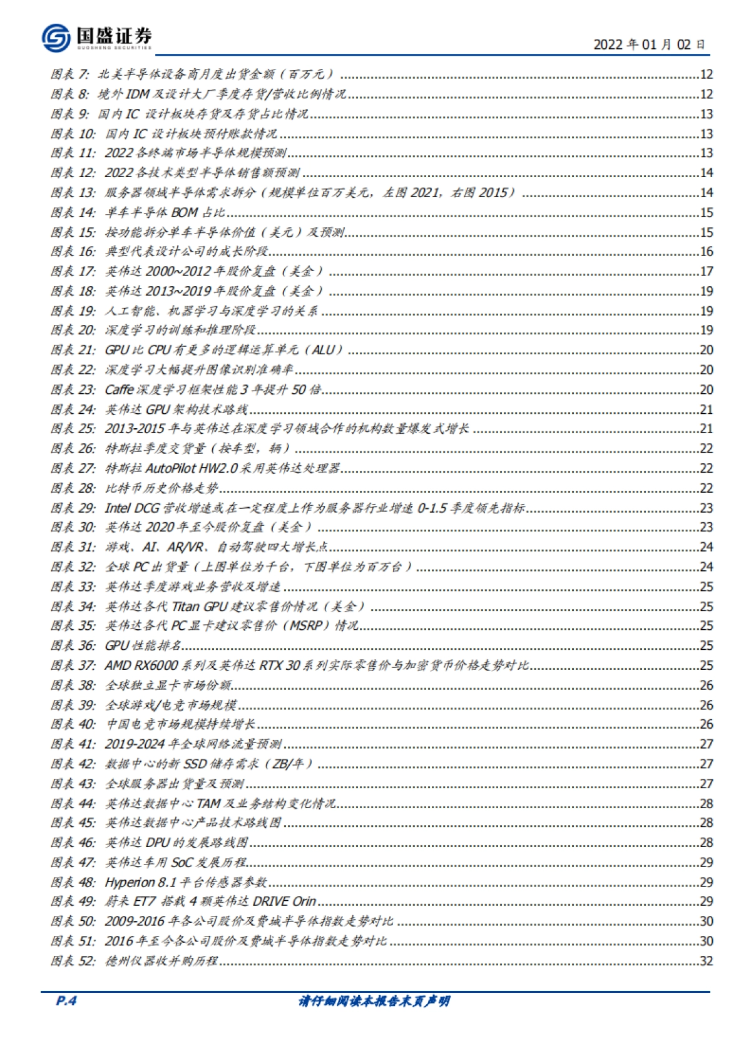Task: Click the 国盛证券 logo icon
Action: [56, 38]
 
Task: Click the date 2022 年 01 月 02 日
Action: [649, 44]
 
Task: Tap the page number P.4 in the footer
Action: [66, 1000]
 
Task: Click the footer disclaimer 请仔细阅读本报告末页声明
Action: [374, 1001]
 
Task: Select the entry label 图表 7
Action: [70, 74]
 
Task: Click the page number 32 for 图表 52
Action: [706, 961]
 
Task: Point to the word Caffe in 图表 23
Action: [119, 389]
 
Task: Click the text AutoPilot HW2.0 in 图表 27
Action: [192, 468]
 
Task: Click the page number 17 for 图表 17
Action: [706, 271]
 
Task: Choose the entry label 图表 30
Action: [73, 527]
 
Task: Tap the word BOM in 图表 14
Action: [184, 213]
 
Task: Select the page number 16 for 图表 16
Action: [706, 252]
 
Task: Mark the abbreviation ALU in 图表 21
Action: [323, 350]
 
